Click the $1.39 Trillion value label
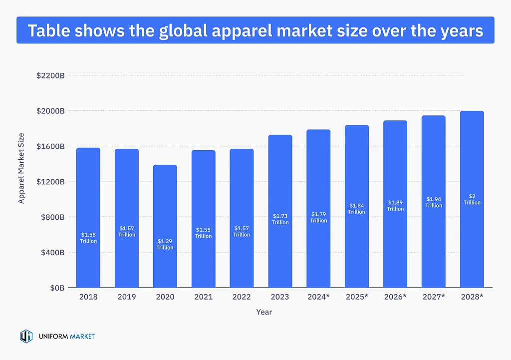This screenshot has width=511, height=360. pyautogui.click(x=165, y=245)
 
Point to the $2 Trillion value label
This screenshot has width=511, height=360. pyautogui.click(x=472, y=199)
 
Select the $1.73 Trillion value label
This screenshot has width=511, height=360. pyautogui.click(x=280, y=219)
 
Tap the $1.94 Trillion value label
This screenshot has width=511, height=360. pyautogui.click(x=433, y=202)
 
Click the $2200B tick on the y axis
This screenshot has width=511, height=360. pyautogui.click(x=50, y=75)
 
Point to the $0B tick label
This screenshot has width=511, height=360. pyautogui.click(x=56, y=288)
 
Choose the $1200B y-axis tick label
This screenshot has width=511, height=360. pyautogui.click(x=50, y=182)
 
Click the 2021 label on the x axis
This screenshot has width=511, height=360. pyautogui.click(x=203, y=297)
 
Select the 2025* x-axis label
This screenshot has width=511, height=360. pyautogui.click(x=357, y=297)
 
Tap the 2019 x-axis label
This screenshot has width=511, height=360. pyautogui.click(x=127, y=297)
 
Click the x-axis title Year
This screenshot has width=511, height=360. pyautogui.click(x=264, y=312)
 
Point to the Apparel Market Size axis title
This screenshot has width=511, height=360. pyautogui.click(x=21, y=168)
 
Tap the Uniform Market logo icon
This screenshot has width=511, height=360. pyautogui.click(x=26, y=337)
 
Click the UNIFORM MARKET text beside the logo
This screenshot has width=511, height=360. pyautogui.click(x=66, y=337)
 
